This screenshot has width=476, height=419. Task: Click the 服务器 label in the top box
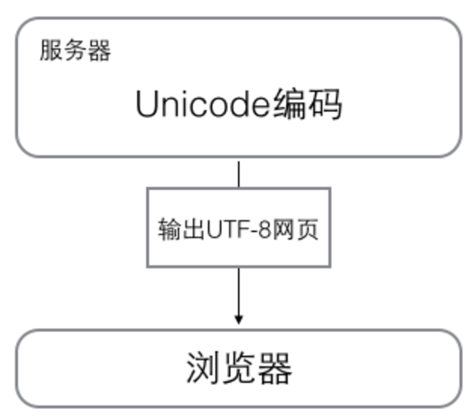[x=75, y=50]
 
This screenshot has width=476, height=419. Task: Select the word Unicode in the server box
[x=203, y=104]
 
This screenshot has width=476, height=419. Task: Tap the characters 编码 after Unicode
[x=307, y=104]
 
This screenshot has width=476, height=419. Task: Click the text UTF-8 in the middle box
[x=239, y=229]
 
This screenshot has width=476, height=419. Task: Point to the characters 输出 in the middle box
[x=182, y=229]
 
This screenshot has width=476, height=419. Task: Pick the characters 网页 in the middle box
[x=295, y=229]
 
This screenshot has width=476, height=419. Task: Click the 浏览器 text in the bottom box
[x=239, y=369]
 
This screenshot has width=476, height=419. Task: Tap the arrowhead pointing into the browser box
[x=239, y=320]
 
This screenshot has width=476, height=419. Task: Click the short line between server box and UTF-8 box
[x=239, y=174]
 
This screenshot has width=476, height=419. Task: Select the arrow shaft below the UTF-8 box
[x=239, y=292]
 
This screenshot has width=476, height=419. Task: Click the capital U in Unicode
[x=147, y=104]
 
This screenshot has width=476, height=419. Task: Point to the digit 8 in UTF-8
[x=264, y=229]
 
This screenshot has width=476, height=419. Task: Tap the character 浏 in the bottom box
[x=203, y=369]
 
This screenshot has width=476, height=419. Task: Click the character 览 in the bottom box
[x=239, y=369]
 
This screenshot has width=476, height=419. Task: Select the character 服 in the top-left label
[x=51, y=50]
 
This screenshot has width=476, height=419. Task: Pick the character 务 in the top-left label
[x=75, y=50]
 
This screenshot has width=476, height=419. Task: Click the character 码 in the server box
[x=325, y=104]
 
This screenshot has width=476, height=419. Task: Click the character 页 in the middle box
[x=307, y=229]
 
